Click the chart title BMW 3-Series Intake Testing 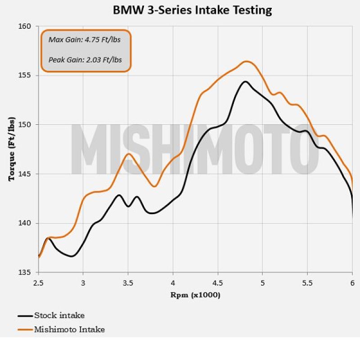(x=192, y=10)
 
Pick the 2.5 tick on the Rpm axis (x=39, y=283)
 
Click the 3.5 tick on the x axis (x=128, y=283)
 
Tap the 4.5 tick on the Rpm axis (x=218, y=283)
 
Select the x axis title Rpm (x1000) (x=195, y=295)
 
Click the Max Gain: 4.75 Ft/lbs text (x=84, y=39)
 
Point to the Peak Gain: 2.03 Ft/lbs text (x=85, y=59)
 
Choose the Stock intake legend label (x=59, y=315)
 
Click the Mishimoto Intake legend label (x=69, y=329)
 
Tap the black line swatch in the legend (x=25, y=316)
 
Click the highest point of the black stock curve (x=245, y=81)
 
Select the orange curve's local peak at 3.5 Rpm (x=129, y=153)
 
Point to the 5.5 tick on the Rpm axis (x=307, y=283)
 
